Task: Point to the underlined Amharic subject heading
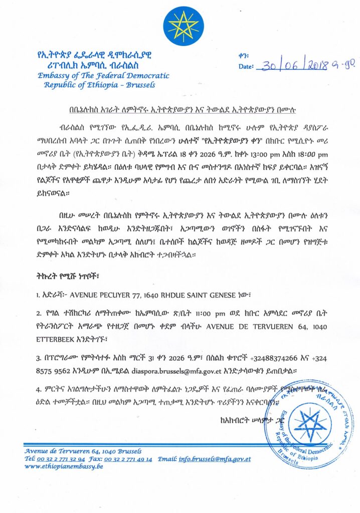179,106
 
